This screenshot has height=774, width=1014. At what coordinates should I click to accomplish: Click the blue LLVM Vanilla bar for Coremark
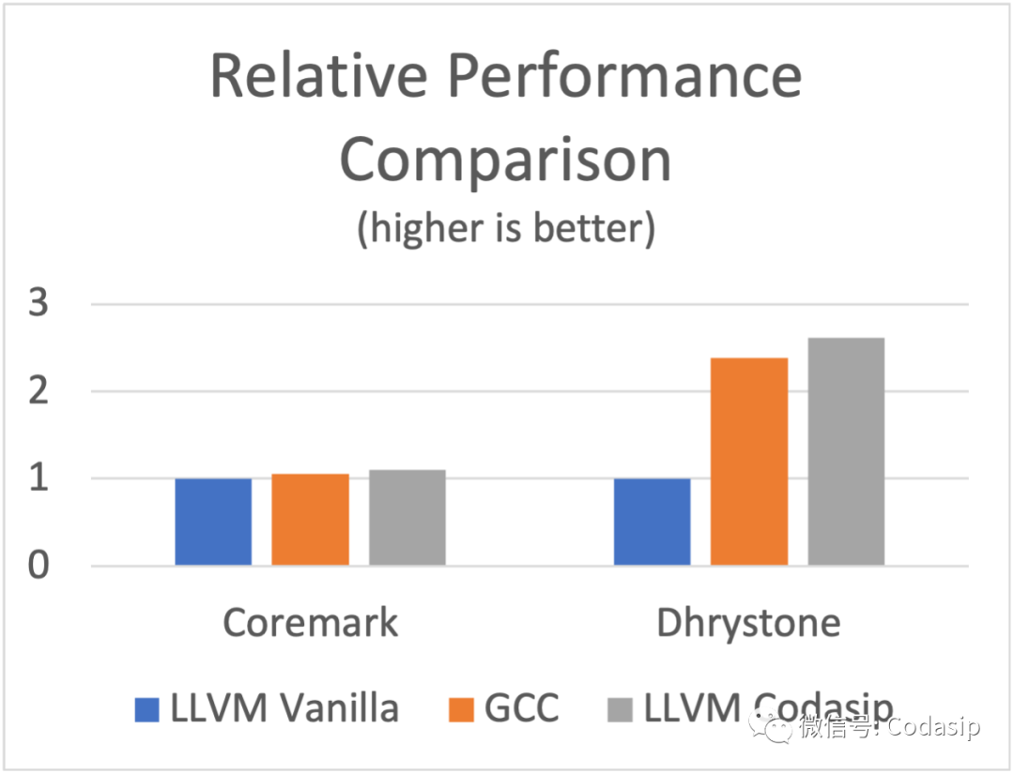[213, 522]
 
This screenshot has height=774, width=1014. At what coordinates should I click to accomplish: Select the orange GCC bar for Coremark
[310, 520]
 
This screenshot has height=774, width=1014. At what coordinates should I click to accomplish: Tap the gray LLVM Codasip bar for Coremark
[407, 518]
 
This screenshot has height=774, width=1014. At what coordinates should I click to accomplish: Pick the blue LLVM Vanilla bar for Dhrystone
[652, 522]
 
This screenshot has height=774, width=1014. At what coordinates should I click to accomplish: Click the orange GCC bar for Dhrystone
[748, 462]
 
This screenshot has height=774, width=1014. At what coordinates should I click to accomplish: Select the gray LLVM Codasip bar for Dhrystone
[846, 451]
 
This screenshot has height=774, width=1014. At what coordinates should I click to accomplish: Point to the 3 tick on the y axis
[38, 305]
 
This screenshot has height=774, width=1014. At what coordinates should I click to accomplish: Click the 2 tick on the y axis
[38, 392]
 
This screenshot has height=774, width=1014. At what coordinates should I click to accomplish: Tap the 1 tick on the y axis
[38, 479]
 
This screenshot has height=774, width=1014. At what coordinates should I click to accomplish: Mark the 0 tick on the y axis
[38, 567]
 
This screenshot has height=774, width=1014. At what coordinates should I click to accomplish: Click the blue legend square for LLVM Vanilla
[147, 709]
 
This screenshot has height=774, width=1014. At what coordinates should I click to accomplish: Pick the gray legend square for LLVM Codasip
[621, 709]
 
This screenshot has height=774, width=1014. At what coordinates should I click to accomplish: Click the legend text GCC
[522, 708]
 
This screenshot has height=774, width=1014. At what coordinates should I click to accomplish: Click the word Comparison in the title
[505, 160]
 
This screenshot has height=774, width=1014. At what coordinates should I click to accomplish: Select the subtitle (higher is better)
[505, 229]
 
